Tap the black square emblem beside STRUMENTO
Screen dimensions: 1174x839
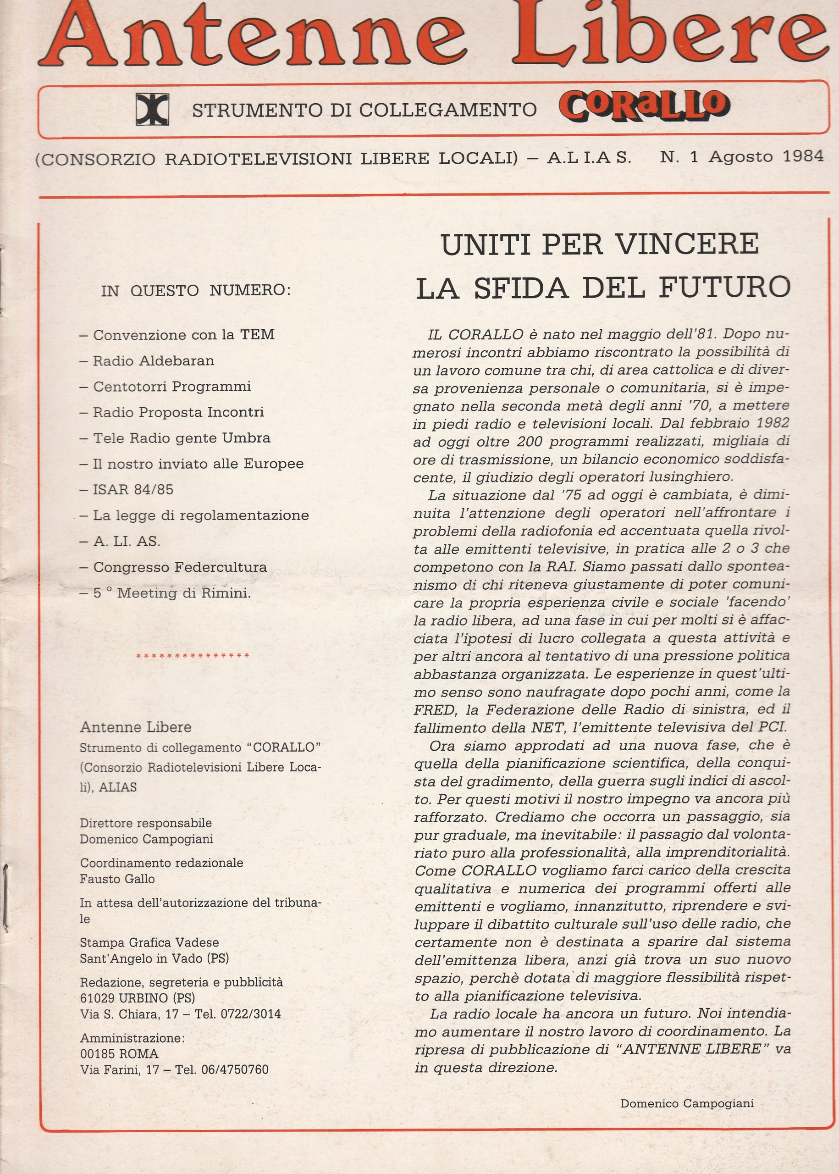152,110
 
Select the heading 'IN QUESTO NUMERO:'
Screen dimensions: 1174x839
196,290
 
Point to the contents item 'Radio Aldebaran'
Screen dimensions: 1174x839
153,360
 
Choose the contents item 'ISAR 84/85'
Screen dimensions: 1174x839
133,489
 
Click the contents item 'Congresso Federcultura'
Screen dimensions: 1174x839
179,567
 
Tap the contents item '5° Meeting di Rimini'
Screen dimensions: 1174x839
171,593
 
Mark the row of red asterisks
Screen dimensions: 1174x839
193,656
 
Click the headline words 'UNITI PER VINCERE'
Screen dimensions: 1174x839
600,244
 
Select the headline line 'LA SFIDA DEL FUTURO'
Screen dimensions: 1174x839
603,288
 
